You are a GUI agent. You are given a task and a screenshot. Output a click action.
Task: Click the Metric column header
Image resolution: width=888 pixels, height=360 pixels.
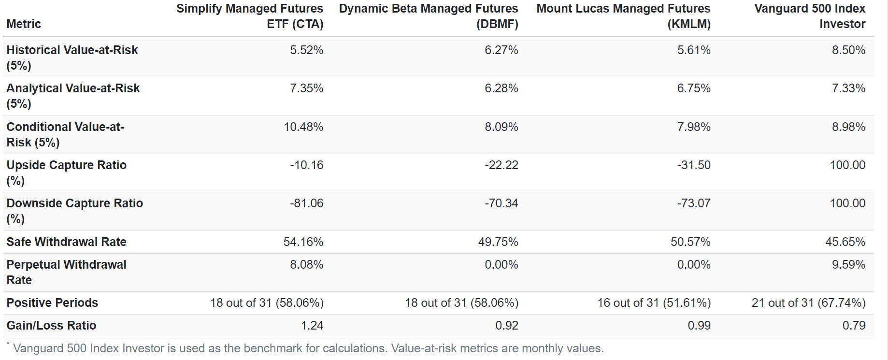click(24, 24)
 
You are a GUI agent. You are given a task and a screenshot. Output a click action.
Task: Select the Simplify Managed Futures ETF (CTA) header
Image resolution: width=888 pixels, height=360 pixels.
click(250, 16)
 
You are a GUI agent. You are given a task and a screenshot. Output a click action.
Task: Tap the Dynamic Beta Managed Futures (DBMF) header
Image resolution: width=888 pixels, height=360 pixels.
click(429, 16)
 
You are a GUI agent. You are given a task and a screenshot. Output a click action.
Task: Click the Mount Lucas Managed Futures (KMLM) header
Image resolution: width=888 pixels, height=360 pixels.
click(623, 16)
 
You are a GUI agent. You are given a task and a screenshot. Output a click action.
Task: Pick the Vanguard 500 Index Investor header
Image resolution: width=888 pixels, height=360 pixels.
click(810, 16)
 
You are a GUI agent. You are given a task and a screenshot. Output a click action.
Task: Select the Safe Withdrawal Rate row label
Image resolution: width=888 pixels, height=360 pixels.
click(66, 242)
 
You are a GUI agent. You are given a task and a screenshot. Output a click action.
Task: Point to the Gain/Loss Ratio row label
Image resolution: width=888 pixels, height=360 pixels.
click(51, 325)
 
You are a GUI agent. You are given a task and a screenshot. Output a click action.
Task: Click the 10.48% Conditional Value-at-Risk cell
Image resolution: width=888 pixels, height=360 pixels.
click(303, 127)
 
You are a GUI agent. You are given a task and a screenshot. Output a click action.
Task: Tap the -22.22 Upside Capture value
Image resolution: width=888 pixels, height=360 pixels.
click(501, 165)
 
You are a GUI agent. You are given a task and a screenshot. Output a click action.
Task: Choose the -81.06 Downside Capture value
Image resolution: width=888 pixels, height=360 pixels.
click(306, 203)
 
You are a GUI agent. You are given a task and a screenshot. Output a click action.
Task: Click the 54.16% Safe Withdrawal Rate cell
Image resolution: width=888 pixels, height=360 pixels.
click(303, 242)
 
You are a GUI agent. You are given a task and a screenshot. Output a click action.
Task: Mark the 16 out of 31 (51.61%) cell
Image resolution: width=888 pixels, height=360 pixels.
click(654, 302)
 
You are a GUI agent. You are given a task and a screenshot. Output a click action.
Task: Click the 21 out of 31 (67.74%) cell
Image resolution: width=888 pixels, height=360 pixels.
click(808, 302)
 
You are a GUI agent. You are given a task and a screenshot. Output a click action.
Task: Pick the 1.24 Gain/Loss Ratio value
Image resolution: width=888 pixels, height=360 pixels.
click(312, 325)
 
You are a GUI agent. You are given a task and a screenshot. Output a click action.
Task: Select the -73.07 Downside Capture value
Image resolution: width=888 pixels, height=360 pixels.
click(693, 203)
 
